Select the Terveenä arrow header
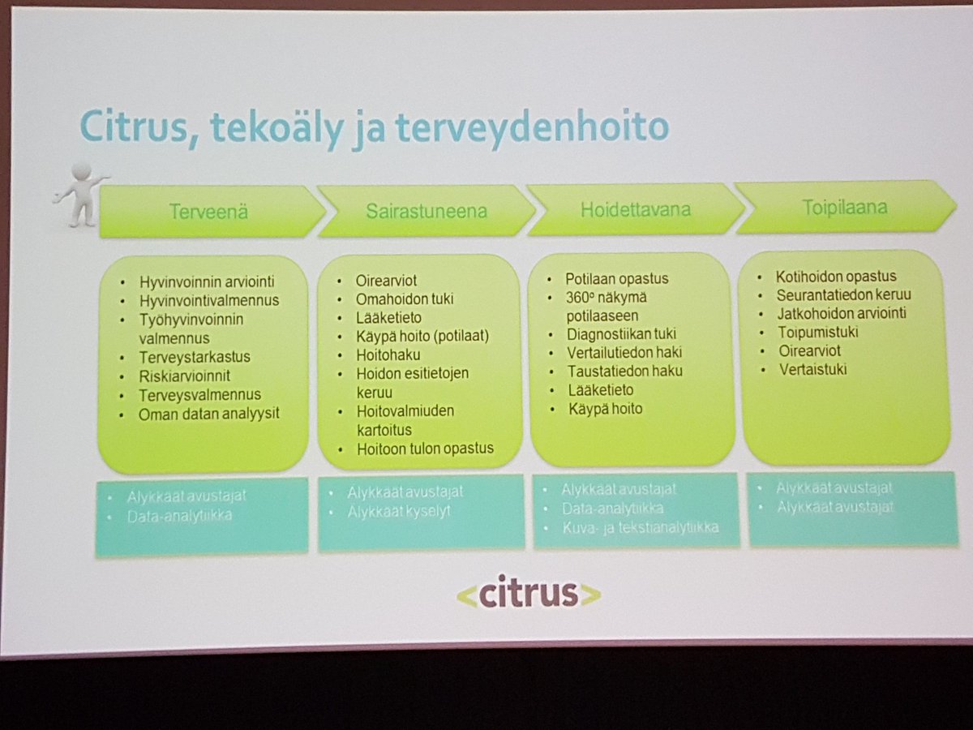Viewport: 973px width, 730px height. (209, 212)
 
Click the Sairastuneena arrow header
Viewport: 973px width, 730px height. (426, 211)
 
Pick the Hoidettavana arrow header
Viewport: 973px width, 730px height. (635, 209)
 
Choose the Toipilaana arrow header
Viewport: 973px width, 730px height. (846, 207)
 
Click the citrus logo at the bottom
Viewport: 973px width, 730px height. (528, 594)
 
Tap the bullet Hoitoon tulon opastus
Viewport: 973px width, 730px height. (424, 449)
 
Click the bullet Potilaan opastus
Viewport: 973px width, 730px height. (617, 278)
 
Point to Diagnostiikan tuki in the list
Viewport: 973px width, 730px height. (621, 333)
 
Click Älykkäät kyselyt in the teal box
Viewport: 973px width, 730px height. (398, 512)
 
